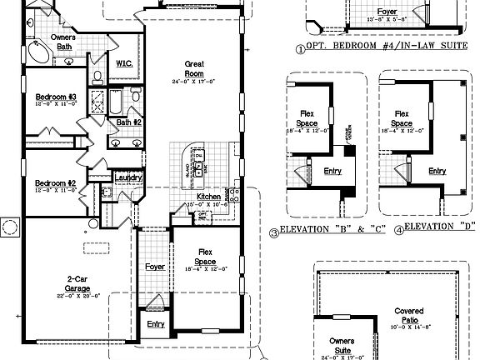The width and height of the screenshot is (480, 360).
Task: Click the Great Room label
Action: click(194, 67)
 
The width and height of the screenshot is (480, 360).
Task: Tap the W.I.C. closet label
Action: click(126, 63)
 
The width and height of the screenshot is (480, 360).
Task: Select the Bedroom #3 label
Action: click(56, 98)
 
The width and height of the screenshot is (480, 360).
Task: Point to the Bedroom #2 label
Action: click(55, 183)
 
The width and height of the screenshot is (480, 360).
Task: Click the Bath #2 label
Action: click(129, 122)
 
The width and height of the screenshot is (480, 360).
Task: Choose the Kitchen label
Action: click(207, 197)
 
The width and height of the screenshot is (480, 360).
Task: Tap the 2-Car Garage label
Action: click(77, 282)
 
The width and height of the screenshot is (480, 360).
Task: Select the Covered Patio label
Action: click(409, 315)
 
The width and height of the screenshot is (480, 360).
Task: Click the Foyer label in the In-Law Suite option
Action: click(387, 12)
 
